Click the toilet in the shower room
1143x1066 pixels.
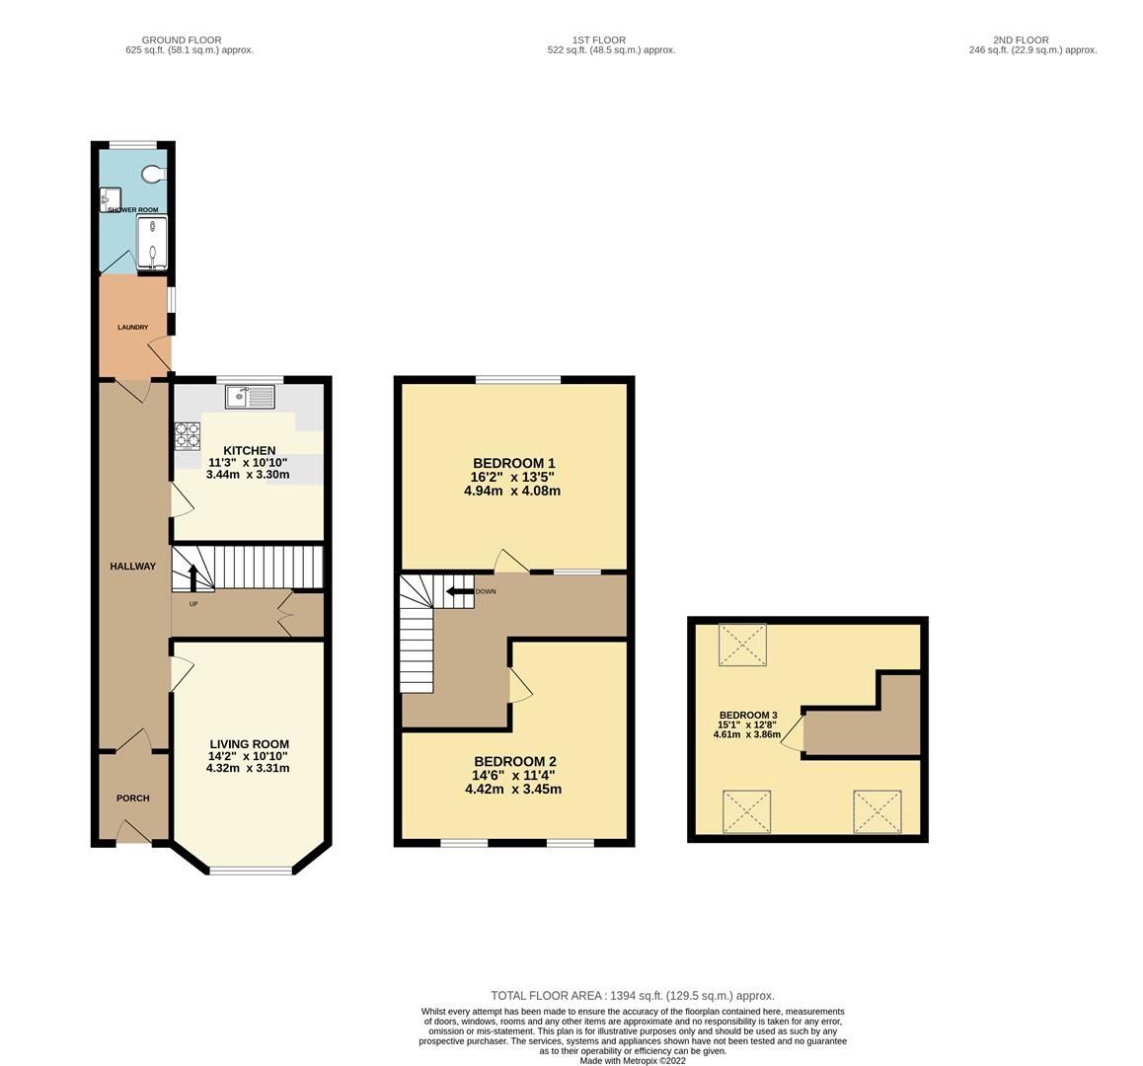pos(152,175)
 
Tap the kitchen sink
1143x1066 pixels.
pos(250,397)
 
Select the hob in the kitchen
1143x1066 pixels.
pos(188,436)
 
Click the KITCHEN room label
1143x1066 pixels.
pos(242,451)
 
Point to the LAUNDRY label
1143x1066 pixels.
pos(132,328)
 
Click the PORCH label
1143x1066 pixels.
pos(133,799)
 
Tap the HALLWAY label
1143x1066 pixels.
pos(132,567)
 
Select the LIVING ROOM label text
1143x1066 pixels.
pos(249,744)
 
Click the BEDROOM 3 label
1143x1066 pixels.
pos(747,716)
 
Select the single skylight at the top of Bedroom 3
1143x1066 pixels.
pos(742,646)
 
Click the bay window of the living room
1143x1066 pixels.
pos(251,870)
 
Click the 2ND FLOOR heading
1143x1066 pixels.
pos(1032,40)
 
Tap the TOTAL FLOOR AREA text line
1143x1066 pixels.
pos(632,996)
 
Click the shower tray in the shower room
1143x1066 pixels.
pos(152,242)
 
